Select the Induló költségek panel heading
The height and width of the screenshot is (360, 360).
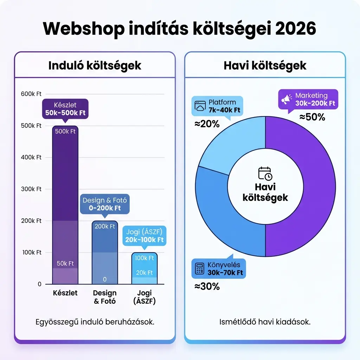coord(95,65)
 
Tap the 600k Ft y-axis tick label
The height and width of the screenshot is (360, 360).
coord(31,94)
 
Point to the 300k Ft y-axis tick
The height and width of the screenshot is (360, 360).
coord(31,189)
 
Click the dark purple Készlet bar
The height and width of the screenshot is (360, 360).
coord(65,176)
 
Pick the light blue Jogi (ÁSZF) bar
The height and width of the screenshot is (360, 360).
coord(144,269)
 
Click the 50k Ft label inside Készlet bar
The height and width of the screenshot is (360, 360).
coord(65,263)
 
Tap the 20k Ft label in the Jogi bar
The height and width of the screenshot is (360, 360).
coord(144,272)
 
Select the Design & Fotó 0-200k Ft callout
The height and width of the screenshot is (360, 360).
coord(105,204)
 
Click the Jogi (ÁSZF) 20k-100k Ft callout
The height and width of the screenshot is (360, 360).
coord(144,236)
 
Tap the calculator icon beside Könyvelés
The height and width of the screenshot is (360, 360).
coord(200,269)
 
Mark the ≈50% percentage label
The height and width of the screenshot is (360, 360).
coord(312,117)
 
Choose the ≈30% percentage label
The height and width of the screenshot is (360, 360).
coord(207,287)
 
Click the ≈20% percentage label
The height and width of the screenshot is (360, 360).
coord(207,124)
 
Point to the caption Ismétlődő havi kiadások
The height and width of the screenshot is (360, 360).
coord(265,322)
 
